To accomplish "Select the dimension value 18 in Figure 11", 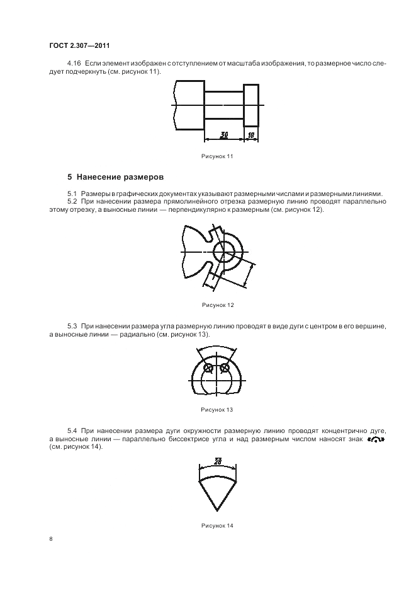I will pyautogui.click(x=250, y=135).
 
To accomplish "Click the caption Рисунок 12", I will pyautogui.click(x=218, y=305).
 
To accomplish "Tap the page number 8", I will pyautogui.click(x=50, y=538).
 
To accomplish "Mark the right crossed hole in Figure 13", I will pyautogui.click(x=225, y=368).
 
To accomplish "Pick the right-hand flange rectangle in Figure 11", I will pyautogui.click(x=251, y=106).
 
